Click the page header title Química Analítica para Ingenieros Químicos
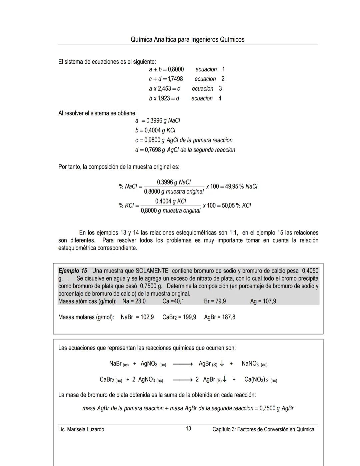(187, 39)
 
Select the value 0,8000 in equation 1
(176, 69)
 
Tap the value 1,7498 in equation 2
(175, 79)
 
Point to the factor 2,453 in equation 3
(164, 89)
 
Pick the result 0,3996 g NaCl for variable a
(163, 121)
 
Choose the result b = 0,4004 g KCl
(155, 130)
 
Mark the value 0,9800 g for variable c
(154, 140)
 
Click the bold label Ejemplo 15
(73, 271)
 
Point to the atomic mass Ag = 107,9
(263, 301)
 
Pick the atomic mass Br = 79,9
(215, 301)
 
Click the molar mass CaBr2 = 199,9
(179, 317)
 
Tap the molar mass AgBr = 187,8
(220, 317)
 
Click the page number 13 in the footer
(188, 429)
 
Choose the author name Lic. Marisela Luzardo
(81, 429)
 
